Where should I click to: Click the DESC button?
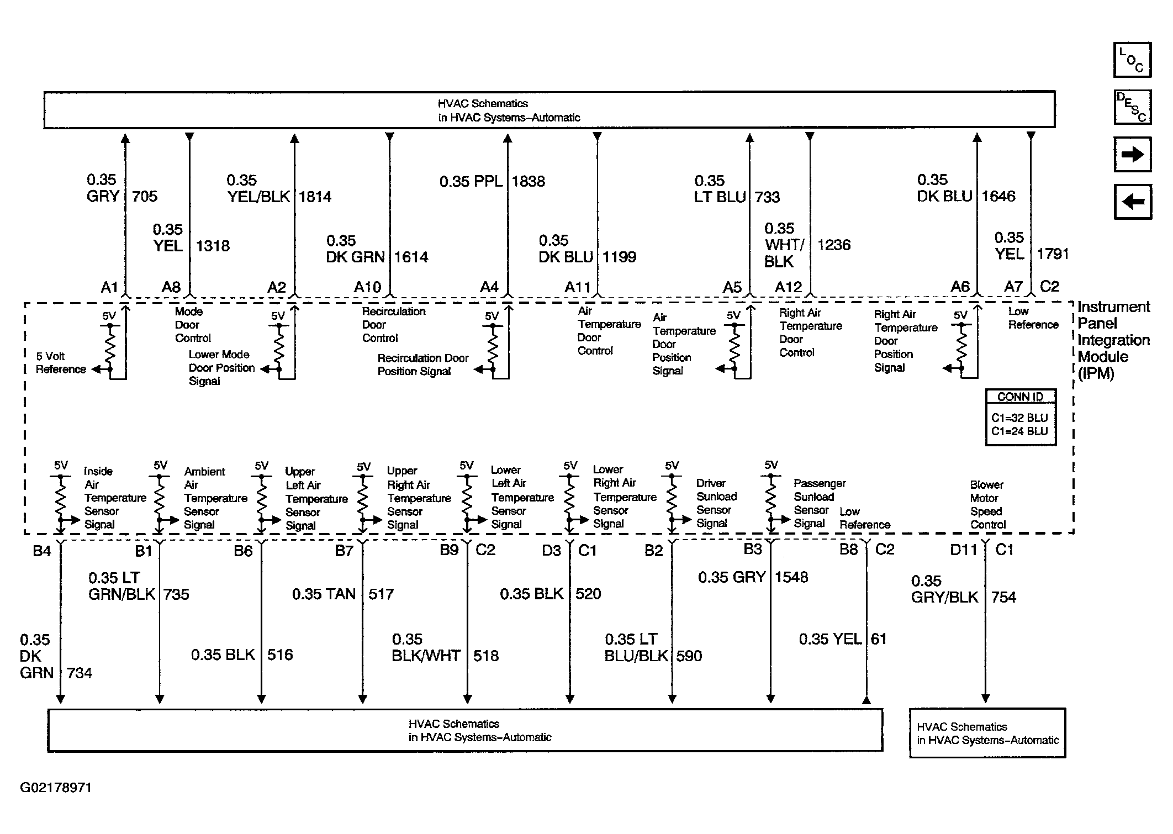[x=1132, y=107]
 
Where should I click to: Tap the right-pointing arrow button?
[x=1132, y=155]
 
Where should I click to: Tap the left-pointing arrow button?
[x=1132, y=202]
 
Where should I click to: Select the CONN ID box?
[x=1021, y=418]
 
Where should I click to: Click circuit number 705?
[x=145, y=197]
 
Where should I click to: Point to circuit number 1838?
[x=529, y=182]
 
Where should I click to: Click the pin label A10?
[x=367, y=287]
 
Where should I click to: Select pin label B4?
[x=42, y=551]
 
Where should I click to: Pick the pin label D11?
[x=964, y=550]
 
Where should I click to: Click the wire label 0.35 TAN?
[x=324, y=594]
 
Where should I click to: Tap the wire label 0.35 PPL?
[x=471, y=182]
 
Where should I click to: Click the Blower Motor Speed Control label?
[x=987, y=505]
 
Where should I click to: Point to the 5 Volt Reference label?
[x=61, y=363]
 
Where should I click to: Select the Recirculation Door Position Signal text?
[x=422, y=365]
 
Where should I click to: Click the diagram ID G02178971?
[x=56, y=788]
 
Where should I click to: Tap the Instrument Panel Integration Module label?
[x=1113, y=340]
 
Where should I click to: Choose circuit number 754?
[x=1003, y=598]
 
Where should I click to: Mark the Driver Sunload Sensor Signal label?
[x=716, y=503]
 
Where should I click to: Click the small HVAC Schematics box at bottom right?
[x=987, y=733]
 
